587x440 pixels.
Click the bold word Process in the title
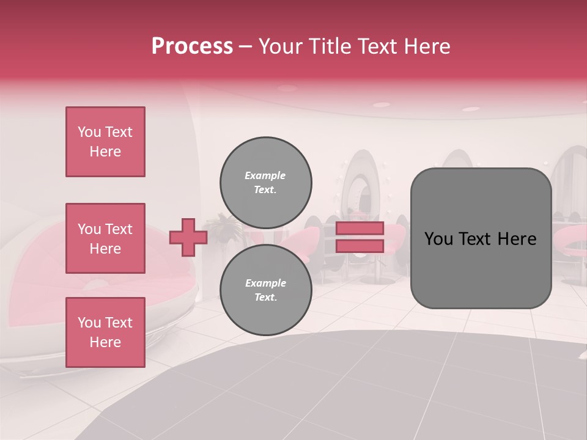[x=192, y=46]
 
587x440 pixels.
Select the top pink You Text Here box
[x=105, y=142]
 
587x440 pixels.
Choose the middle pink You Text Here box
[x=105, y=238]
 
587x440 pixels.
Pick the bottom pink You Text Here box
[x=105, y=332]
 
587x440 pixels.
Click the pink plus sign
[x=188, y=238]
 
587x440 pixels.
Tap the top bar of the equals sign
[x=360, y=229]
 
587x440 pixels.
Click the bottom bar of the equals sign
[x=360, y=246]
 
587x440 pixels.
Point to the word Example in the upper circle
[x=265, y=175]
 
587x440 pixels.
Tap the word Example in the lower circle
[x=265, y=283]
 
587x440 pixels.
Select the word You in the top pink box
[x=89, y=132]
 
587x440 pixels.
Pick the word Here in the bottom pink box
[x=105, y=342]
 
